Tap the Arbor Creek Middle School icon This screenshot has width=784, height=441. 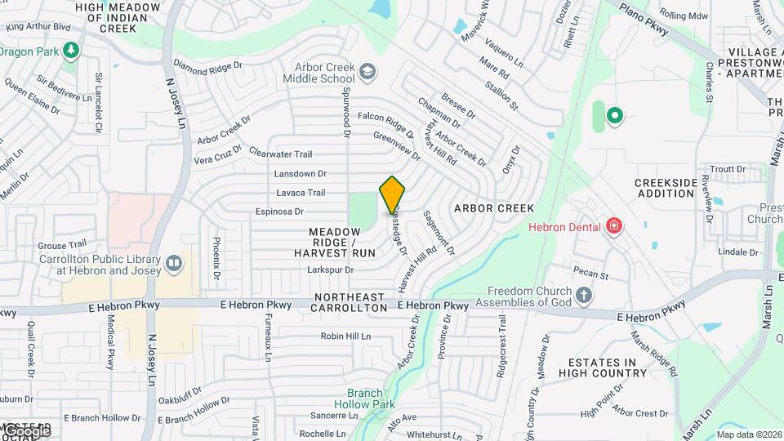(368, 72)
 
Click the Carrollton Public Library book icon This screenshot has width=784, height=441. (173, 263)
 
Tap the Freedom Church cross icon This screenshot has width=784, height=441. (583, 295)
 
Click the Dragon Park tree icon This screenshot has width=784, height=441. (72, 51)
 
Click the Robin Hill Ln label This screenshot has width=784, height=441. (345, 336)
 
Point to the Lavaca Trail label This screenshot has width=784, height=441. (301, 193)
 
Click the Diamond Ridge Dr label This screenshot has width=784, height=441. (209, 64)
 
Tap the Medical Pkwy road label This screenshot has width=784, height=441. (110, 344)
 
